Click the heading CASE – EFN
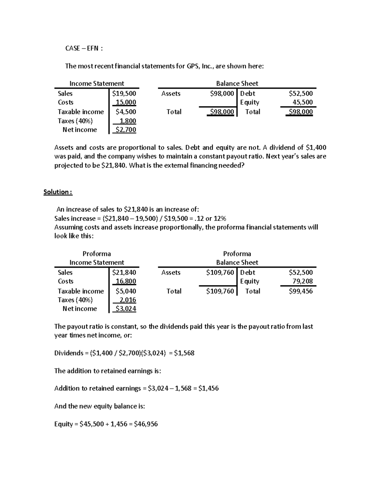click(84, 48)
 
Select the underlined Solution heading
click(58, 192)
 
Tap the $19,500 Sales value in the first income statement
click(124, 93)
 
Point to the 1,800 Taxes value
click(128, 121)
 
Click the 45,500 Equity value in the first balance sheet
click(302, 102)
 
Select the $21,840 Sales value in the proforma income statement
click(124, 272)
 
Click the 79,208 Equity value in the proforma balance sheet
click(302, 281)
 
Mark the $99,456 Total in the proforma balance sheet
click(301, 291)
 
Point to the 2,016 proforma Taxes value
click(128, 300)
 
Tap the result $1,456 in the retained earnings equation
click(208, 388)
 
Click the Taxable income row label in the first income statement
click(81, 112)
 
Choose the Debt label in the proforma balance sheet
click(248, 272)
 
